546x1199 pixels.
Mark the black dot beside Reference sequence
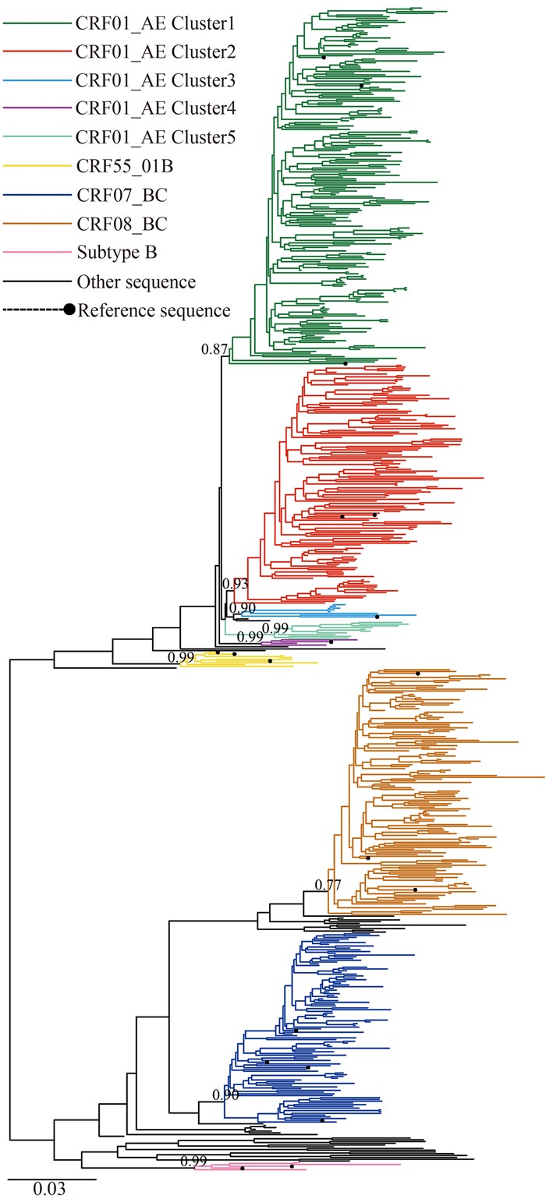69,310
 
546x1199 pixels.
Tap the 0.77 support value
328,884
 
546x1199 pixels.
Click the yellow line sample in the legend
36,167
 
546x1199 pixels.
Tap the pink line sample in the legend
36,253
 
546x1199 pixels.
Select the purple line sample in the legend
36,110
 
